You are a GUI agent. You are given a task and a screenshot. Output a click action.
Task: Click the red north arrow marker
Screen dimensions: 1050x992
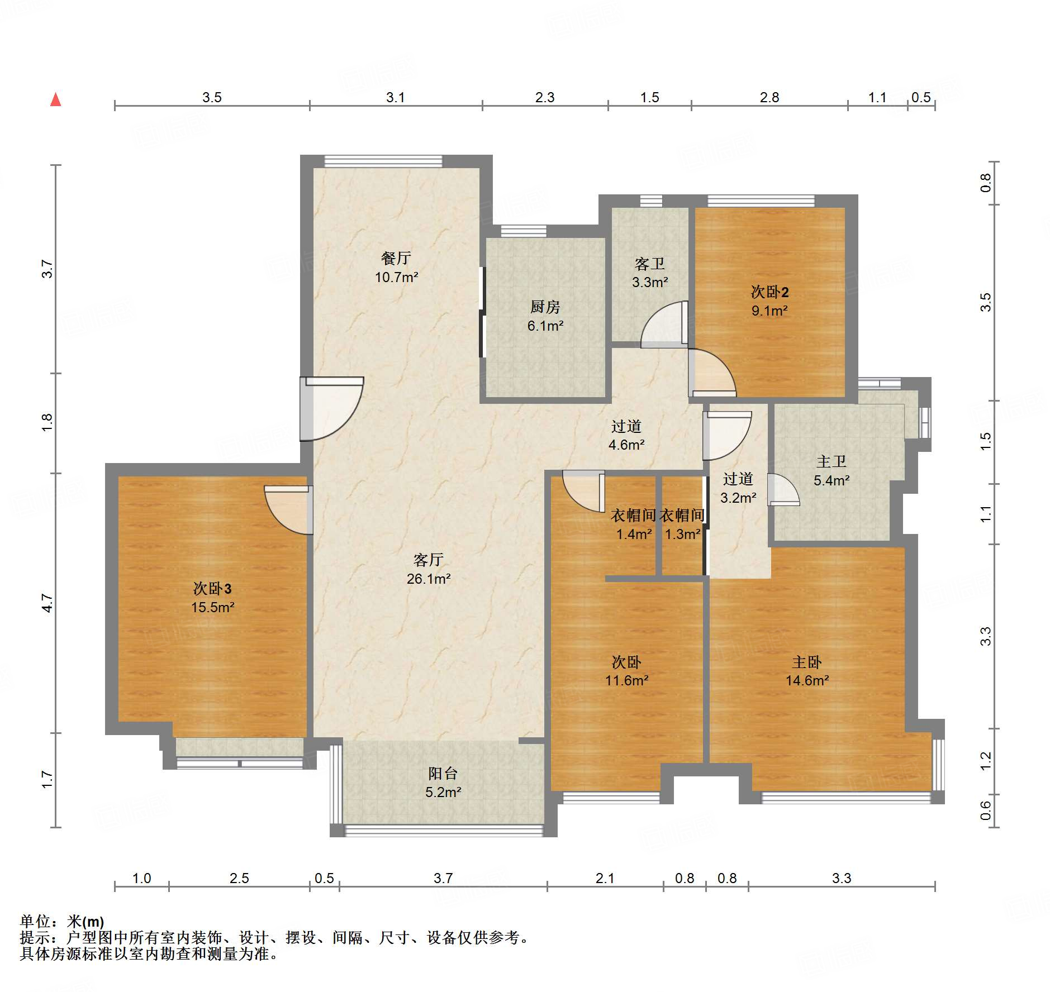coord(55,99)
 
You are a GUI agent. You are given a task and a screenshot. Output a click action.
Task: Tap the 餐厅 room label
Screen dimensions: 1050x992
coord(396,258)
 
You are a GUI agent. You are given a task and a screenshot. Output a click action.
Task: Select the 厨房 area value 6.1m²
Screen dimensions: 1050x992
coord(545,326)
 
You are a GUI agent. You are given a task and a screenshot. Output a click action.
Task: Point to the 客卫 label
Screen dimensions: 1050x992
coord(649,264)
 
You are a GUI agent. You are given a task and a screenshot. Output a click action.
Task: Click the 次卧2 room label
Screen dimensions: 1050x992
coord(769,292)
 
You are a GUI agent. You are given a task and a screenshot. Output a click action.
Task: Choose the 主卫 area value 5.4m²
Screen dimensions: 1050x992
coord(832,480)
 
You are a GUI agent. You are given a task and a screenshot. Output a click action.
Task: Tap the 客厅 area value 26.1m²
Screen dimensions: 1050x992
coord(429,579)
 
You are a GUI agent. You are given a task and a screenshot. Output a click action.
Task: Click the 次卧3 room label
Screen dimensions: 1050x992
coord(212,588)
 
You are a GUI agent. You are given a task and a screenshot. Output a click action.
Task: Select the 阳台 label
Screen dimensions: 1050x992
coord(443,773)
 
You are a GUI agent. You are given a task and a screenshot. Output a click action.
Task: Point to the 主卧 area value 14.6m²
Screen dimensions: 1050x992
coord(807,680)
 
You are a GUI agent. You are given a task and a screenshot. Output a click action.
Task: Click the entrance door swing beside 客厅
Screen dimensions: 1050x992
coord(332,409)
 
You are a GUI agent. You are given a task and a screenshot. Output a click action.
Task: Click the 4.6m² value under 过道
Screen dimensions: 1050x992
coord(626,445)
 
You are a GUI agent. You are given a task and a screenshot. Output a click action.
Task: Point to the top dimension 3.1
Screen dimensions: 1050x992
coord(395,98)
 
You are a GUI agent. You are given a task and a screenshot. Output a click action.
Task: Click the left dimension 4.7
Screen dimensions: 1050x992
coord(47,603)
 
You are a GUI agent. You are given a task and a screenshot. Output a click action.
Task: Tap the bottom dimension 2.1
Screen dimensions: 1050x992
coord(605,879)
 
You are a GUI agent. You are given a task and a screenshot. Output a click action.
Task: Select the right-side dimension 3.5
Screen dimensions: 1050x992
coord(986,302)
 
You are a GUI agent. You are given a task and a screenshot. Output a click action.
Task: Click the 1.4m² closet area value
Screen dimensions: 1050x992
coord(634,535)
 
